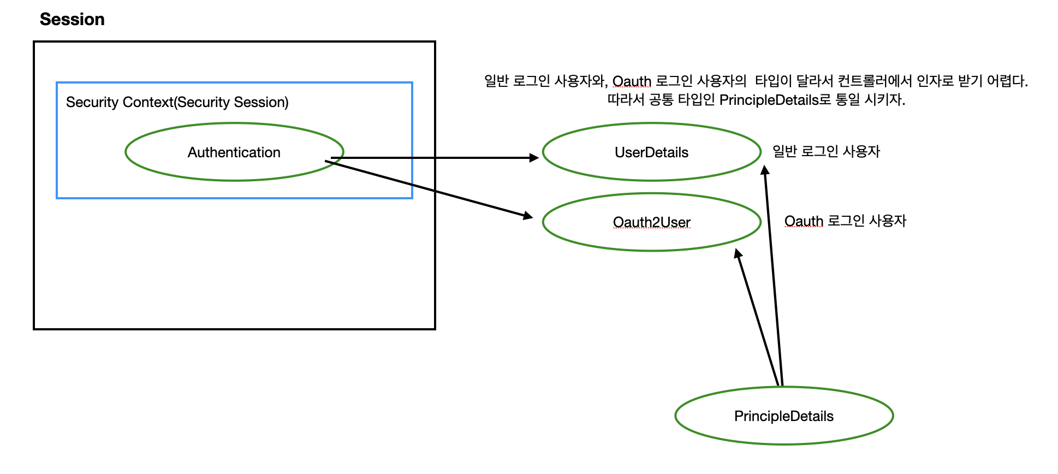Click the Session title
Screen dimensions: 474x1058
tap(72, 20)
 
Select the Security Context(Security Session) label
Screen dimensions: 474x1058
tap(177, 102)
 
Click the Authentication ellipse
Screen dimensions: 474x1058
tap(234, 152)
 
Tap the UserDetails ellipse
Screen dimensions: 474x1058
tap(651, 152)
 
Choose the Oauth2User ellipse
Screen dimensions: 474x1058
tap(651, 222)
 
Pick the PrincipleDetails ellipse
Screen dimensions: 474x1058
tap(783, 416)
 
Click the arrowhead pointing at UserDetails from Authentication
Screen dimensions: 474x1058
tap(534, 158)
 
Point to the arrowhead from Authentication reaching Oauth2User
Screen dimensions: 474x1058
tap(528, 216)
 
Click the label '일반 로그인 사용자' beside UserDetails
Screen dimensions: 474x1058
tap(826, 151)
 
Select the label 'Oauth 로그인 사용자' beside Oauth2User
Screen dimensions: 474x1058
tap(845, 221)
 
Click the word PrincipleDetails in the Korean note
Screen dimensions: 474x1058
tap(769, 100)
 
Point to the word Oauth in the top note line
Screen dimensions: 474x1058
tap(632, 81)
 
